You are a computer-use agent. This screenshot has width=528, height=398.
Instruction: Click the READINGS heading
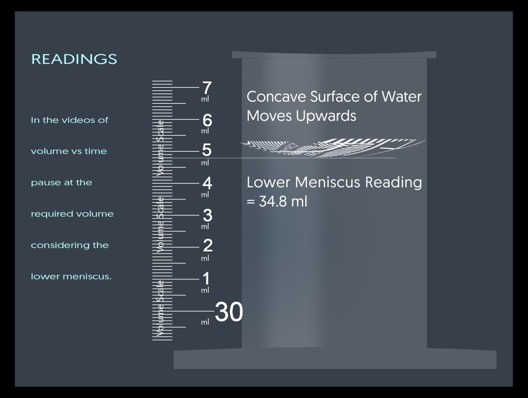click(x=74, y=59)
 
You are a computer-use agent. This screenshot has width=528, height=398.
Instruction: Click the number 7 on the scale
click(x=207, y=88)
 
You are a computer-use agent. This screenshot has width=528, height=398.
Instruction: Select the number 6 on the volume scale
click(x=207, y=120)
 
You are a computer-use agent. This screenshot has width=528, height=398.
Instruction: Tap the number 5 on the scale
click(x=207, y=150)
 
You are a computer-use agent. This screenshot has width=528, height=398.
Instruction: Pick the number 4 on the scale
click(x=207, y=183)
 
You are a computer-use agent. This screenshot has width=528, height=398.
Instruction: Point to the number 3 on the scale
click(x=207, y=214)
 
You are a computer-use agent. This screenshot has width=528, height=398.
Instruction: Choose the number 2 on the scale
click(x=207, y=246)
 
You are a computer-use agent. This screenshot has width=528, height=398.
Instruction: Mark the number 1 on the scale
click(x=206, y=279)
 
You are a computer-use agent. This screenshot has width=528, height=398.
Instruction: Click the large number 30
click(x=228, y=312)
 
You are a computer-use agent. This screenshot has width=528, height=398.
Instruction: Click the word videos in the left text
click(x=80, y=120)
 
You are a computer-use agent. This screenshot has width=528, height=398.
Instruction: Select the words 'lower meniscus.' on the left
click(x=71, y=277)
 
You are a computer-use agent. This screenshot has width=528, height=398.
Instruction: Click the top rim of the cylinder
click(x=334, y=54)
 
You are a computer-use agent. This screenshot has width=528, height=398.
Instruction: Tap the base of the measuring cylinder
click(x=335, y=359)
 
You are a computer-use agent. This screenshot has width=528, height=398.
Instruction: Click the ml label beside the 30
click(x=205, y=322)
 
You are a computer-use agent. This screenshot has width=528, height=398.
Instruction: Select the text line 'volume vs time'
click(x=69, y=151)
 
